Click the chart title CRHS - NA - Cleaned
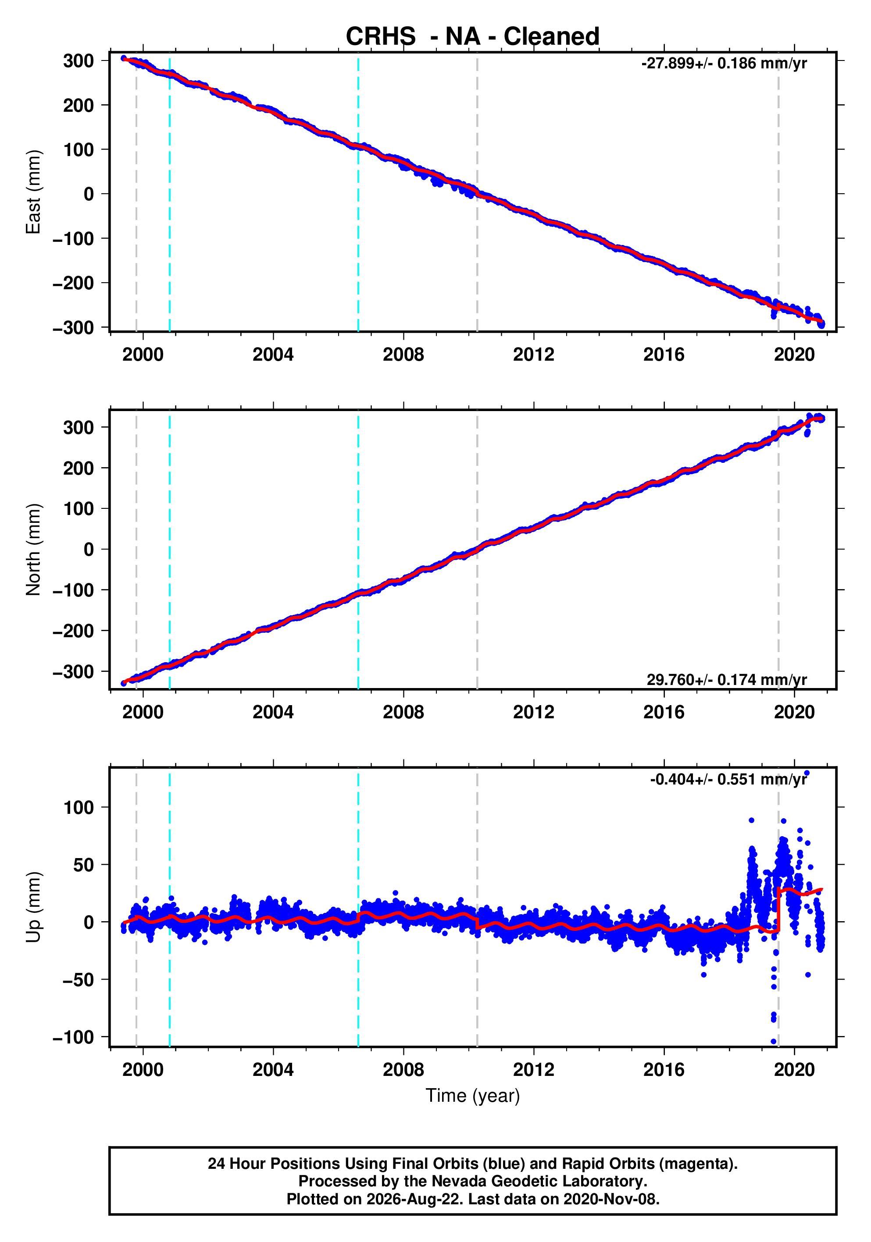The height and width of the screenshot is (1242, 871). [x=473, y=37]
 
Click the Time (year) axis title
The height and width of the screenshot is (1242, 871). [x=473, y=1096]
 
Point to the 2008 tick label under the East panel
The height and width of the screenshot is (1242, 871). [x=403, y=355]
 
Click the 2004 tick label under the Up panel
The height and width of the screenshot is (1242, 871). [x=273, y=1069]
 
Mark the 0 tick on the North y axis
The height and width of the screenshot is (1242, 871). [x=89, y=550]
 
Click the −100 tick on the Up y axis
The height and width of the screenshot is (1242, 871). [x=73, y=1037]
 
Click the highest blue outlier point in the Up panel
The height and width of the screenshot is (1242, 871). [x=807, y=773]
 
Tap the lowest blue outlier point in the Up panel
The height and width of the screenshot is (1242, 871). [x=774, y=1041]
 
